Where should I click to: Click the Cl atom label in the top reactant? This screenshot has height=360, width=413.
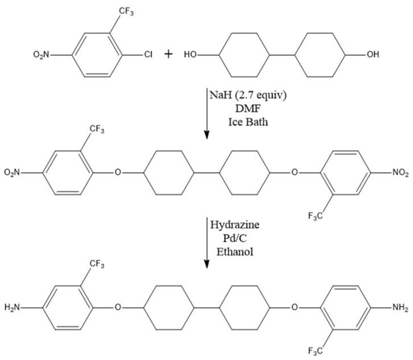147,55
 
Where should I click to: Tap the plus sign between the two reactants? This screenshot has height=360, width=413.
169,55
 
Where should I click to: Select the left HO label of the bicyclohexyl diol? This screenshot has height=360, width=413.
191,55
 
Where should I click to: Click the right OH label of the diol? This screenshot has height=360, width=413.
373,55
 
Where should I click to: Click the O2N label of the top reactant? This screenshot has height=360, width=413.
43,55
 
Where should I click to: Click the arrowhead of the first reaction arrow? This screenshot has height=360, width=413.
206,135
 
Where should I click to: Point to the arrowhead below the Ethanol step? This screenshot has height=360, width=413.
206,263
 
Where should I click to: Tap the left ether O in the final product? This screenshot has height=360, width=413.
118,308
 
